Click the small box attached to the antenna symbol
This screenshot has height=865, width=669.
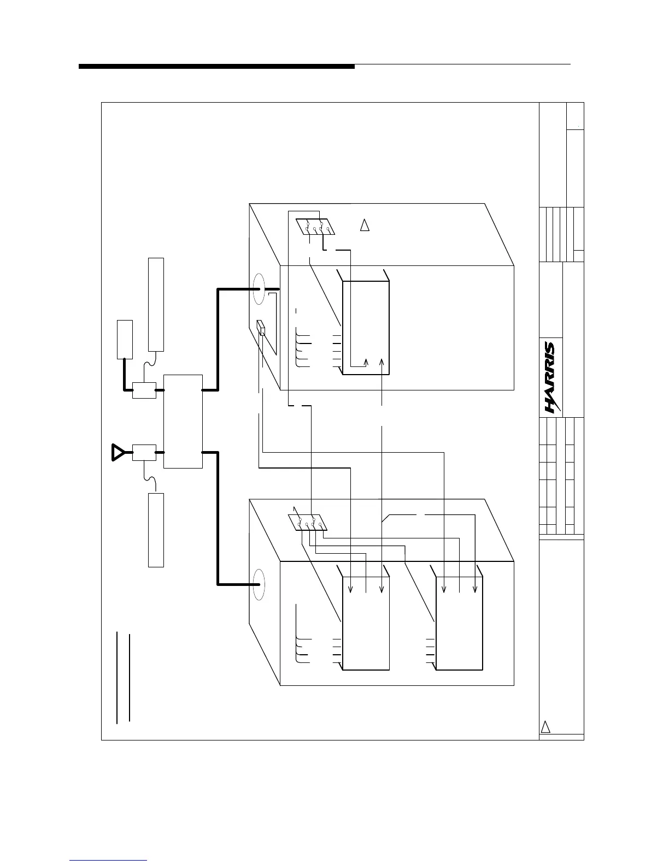[x=144, y=453]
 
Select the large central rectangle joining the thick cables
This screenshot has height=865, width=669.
[x=183, y=421]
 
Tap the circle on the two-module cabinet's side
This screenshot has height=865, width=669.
[x=259, y=584]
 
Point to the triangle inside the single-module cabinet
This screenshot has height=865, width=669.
[x=365, y=224]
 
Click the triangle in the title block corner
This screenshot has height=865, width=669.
[x=545, y=727]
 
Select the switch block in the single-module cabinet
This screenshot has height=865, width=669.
[x=315, y=226]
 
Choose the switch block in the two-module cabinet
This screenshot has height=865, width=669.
[x=308, y=522]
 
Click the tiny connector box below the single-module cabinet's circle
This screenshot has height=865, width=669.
[x=261, y=328]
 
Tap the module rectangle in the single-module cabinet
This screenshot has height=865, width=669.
[x=366, y=328]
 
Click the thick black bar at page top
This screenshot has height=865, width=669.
[x=216, y=67]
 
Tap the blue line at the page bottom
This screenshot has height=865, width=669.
[x=108, y=860]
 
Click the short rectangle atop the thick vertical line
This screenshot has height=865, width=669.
[x=125, y=339]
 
